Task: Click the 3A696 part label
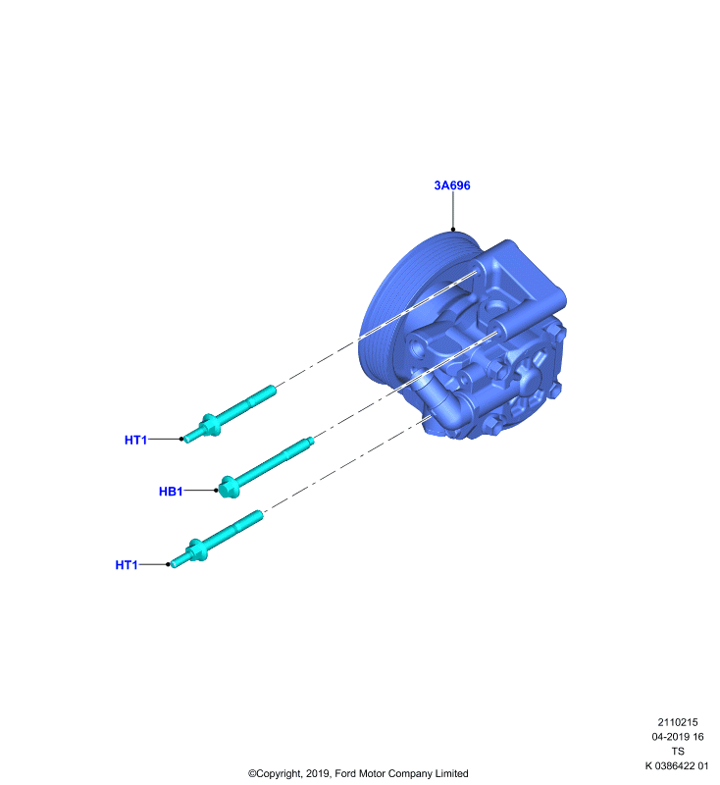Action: [x=452, y=185]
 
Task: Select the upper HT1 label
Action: [x=135, y=440]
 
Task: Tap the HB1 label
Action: [x=171, y=492]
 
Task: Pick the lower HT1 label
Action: [x=127, y=565]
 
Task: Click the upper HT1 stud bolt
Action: [x=230, y=414]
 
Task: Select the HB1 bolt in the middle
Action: [x=266, y=467]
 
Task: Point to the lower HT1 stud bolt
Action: [x=216, y=539]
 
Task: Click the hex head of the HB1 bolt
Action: [x=230, y=487]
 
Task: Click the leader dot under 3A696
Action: [x=453, y=230]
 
